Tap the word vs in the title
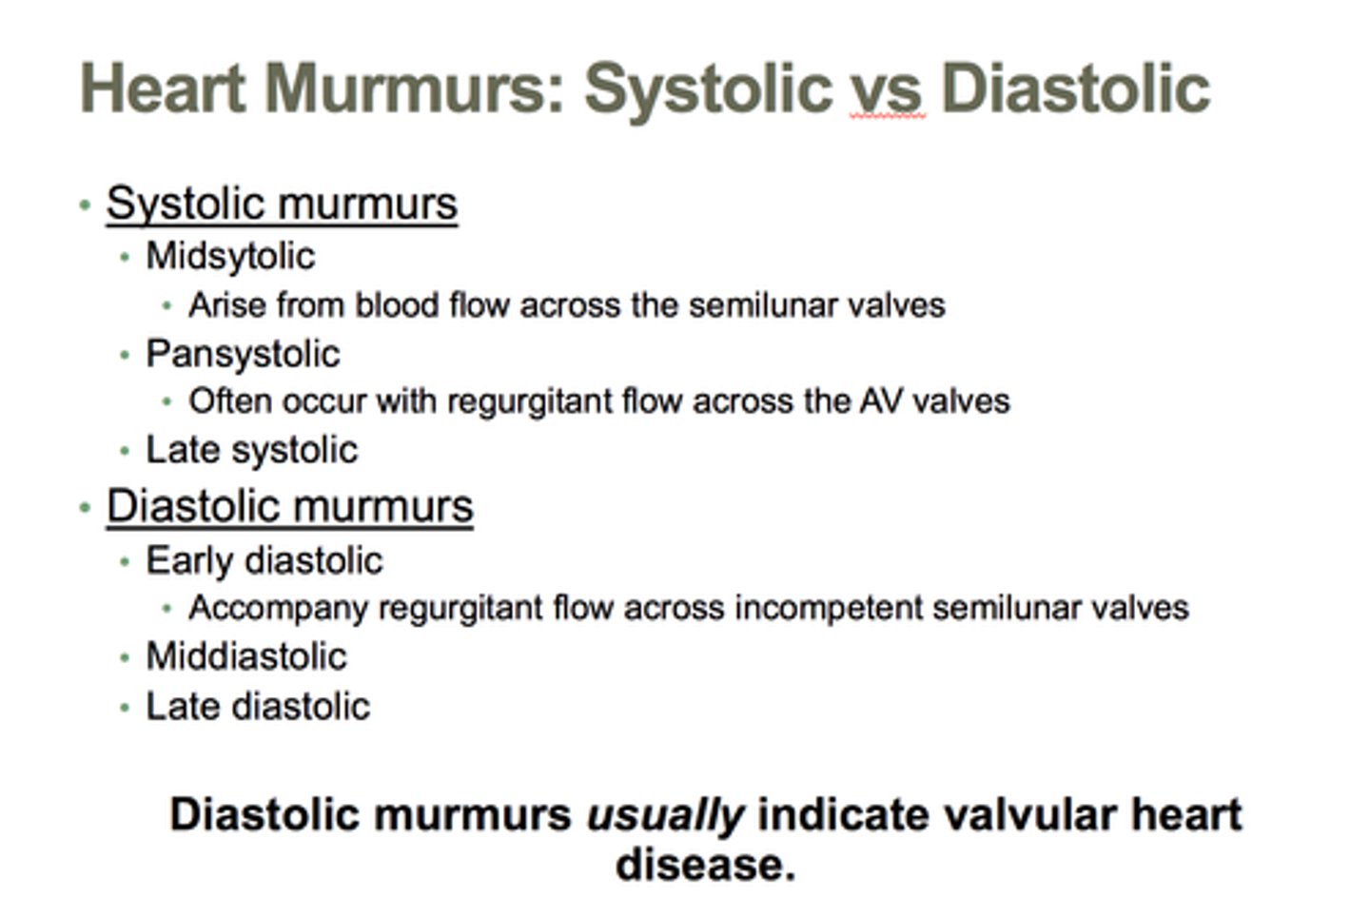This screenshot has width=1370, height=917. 887,88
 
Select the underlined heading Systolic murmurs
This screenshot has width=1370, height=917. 282,204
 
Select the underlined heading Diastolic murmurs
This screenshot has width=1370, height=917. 289,506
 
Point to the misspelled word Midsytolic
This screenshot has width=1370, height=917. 230,256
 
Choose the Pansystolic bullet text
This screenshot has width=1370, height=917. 243,355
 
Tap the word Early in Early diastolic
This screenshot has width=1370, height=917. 185,561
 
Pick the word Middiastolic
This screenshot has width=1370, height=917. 246,656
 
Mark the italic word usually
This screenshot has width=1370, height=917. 665,815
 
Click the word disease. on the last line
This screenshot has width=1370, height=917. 705,865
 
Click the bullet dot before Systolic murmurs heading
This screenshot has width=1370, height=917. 86,205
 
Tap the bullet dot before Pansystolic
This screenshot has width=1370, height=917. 125,356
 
